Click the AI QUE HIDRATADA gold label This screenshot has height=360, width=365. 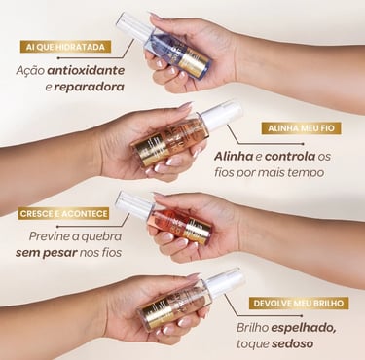click(65, 47)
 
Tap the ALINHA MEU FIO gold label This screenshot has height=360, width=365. click(301, 128)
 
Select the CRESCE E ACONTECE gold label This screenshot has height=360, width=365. click(63, 214)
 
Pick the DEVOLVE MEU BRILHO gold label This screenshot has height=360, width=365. click(298, 304)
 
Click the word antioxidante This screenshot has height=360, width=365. click(86, 70)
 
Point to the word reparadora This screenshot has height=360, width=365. click(90, 87)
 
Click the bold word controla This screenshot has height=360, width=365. click(290, 157)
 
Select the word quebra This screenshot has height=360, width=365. click(101, 236)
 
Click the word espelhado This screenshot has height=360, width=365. click(304, 328)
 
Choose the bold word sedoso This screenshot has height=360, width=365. click(292, 343)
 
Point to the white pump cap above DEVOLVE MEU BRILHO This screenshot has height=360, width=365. click(226, 281)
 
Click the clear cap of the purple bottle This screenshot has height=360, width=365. click(133, 26)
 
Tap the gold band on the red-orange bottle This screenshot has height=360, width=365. click(196, 230)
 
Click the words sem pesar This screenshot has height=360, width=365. click(47, 253)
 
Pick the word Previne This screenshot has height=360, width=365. click(50, 236)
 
